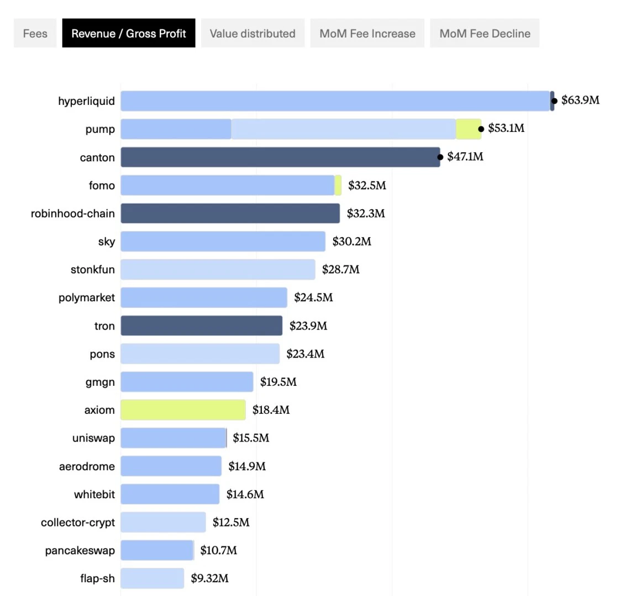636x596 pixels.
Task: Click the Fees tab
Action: point(35,33)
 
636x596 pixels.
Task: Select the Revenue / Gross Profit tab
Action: point(129,33)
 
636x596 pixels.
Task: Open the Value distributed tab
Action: point(253,33)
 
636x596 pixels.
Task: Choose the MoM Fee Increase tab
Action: point(367,33)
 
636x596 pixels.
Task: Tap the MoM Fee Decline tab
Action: point(485,33)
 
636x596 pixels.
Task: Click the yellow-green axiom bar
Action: point(183,409)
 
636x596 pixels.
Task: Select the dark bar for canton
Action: point(280,157)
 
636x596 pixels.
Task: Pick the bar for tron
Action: point(202,326)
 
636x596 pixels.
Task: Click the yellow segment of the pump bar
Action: point(469,129)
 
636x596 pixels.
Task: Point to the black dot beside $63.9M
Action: point(554,100)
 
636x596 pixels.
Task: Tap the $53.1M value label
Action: point(506,129)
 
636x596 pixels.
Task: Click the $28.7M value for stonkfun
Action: point(341,269)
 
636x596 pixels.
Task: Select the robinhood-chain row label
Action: point(72,214)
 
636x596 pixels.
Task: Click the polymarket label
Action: point(86,298)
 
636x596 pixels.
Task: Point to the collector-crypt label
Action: point(78,523)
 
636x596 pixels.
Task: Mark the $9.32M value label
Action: point(210,578)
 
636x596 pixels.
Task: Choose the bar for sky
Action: point(223,242)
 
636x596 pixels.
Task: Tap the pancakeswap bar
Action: point(157,550)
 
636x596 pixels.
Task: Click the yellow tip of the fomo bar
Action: point(338,185)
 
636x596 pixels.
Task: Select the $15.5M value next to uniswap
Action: point(251,438)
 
